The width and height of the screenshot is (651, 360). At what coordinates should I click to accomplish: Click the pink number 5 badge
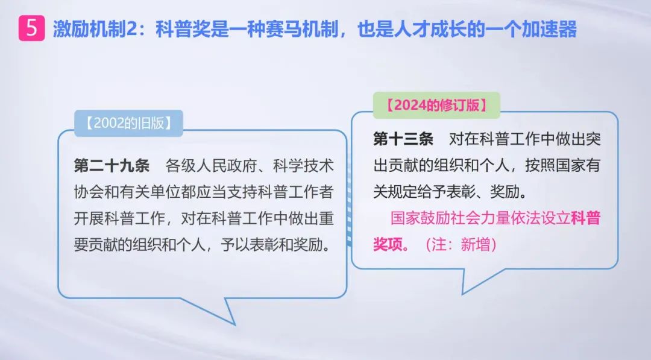[x=31, y=28]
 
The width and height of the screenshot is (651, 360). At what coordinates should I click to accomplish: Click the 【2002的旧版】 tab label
[x=129, y=124]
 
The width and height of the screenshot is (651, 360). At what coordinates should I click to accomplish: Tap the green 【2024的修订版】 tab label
[x=436, y=105]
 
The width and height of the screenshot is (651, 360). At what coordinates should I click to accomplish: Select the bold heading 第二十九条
[x=112, y=166]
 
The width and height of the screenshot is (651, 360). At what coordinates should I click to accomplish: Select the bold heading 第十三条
[x=403, y=139]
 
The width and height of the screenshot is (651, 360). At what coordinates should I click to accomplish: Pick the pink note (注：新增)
[x=461, y=245]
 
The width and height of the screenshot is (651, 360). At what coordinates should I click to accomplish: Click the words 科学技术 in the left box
[x=303, y=166]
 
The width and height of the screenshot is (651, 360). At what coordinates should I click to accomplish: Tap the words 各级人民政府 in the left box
[x=211, y=166]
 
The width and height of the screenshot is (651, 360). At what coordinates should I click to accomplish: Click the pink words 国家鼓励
[x=421, y=218]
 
